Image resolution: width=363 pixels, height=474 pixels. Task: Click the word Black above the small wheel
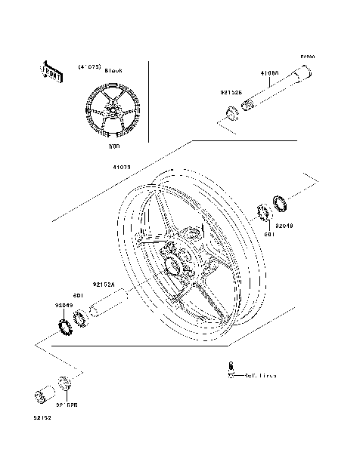tap(113, 69)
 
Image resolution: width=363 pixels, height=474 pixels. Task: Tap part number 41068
tap(269, 74)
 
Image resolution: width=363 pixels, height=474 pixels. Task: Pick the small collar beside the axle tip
tap(230, 115)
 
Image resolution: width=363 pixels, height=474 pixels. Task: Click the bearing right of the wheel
tap(266, 213)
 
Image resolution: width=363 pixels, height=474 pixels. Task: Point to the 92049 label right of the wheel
tap(284, 226)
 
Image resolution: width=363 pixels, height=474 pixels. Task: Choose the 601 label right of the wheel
tap(268, 233)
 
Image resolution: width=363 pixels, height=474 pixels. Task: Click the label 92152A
tap(104, 285)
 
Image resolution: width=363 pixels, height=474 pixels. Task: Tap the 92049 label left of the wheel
tap(64, 305)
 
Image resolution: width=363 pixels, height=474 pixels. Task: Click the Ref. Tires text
tap(259, 375)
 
